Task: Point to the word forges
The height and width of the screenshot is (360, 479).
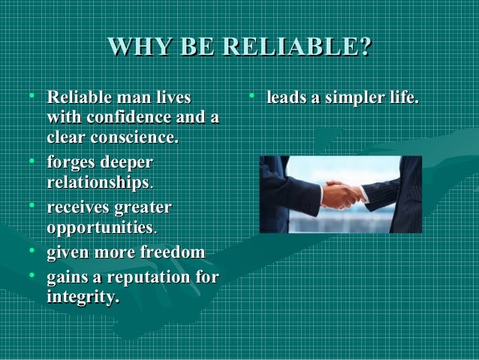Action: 70,162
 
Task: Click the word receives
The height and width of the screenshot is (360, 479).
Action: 77,207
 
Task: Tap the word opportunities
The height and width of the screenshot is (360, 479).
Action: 99,226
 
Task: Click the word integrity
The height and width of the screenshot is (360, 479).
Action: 81,298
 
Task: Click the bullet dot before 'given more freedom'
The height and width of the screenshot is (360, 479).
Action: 31,252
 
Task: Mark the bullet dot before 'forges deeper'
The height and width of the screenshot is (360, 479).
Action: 31,160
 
